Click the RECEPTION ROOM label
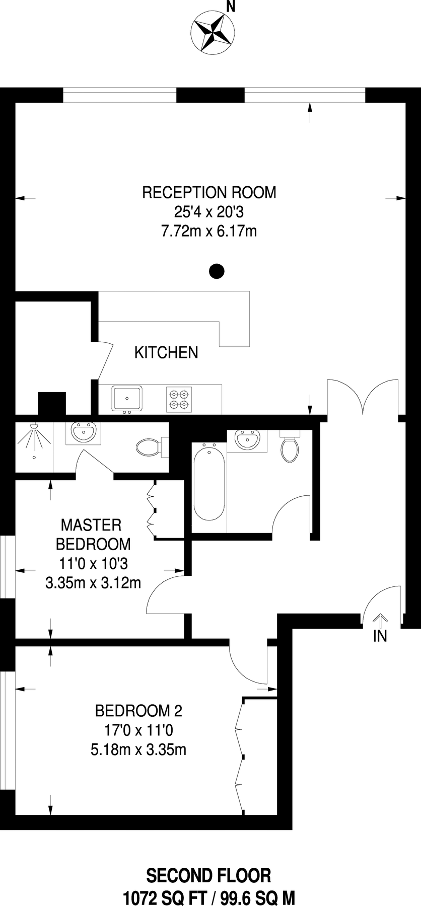209,192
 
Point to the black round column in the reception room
217,271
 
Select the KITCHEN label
166,352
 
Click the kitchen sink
127,398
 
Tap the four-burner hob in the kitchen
179,399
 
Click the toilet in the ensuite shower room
149,446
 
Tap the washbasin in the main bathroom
247,440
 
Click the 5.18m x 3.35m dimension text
138,749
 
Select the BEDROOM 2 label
138,711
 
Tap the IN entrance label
380,636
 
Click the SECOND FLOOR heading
208,876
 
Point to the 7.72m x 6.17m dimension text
209,231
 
